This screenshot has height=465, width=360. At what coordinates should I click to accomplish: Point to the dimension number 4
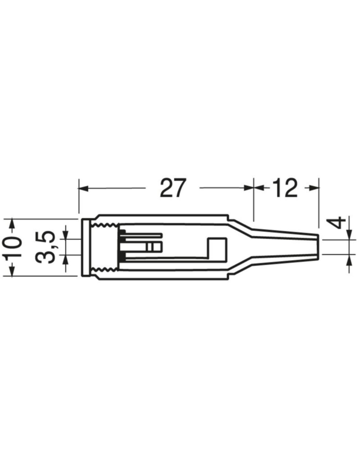pos(336,223)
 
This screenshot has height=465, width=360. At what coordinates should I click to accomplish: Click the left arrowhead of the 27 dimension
pos(83,188)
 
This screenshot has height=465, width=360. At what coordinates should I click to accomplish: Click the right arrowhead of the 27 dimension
pos(248,188)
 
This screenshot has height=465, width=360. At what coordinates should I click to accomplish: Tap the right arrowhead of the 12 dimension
pos(314,188)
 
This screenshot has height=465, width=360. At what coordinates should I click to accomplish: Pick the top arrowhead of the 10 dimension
pos(12,224)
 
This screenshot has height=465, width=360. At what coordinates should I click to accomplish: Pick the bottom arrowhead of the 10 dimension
pos(12,271)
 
